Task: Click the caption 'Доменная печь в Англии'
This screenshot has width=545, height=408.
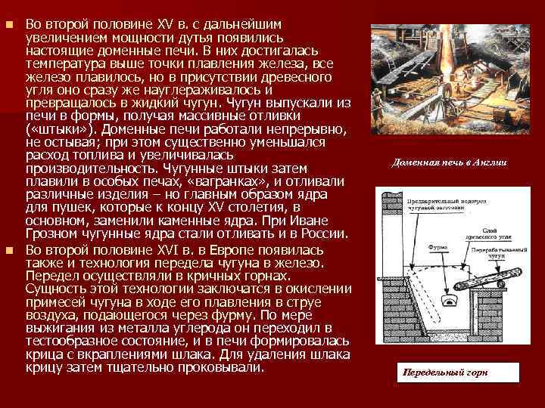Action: click(450, 162)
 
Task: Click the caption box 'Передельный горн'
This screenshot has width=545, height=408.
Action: click(445, 372)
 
